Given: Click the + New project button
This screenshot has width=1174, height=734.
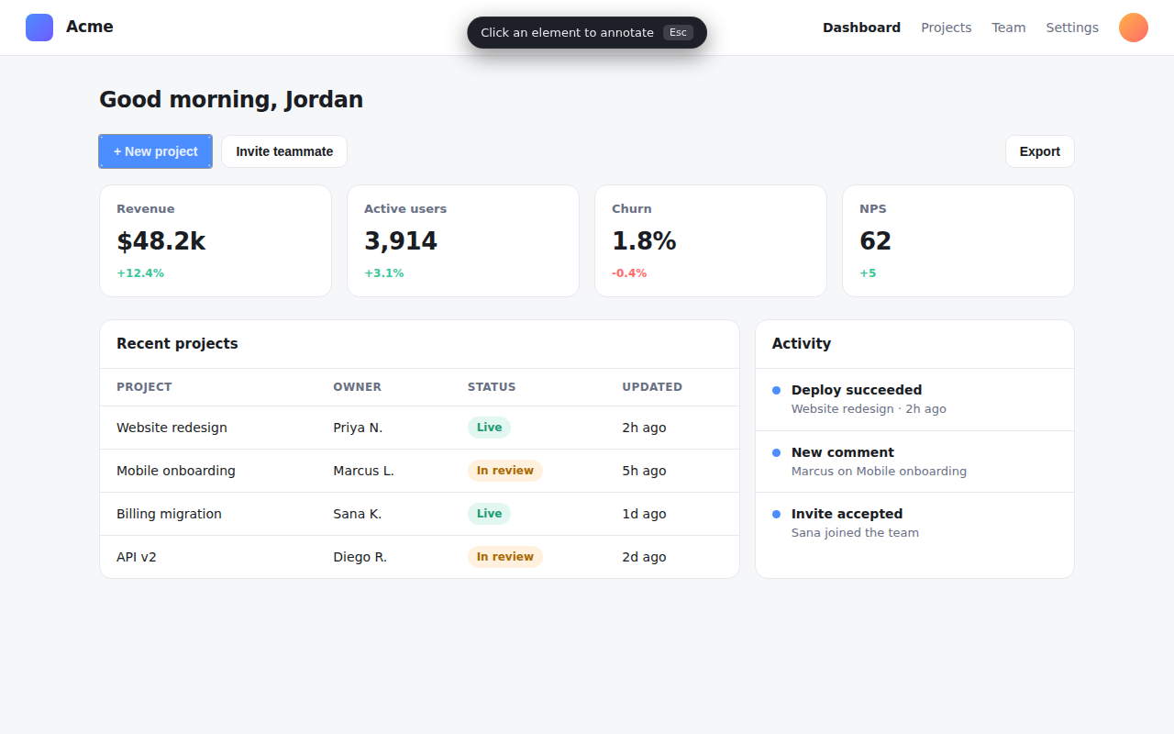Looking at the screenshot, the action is pyautogui.click(x=156, y=151).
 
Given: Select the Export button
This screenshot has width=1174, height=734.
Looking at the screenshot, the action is pyautogui.click(x=1040, y=151).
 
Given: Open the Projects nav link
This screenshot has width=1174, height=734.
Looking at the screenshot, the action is pyautogui.click(x=946, y=28).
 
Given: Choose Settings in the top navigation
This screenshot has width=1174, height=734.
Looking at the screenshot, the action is pyautogui.click(x=1072, y=28).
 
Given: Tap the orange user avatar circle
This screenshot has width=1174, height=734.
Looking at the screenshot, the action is pyautogui.click(x=1134, y=28).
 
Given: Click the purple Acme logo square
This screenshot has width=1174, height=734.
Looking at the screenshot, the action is pyautogui.click(x=39, y=28).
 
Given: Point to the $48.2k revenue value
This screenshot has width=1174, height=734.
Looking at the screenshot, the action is pyautogui.click(x=161, y=241).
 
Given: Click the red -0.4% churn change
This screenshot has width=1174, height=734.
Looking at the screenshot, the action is pyautogui.click(x=629, y=273).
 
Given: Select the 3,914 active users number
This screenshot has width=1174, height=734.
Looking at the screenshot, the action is pyautogui.click(x=401, y=241).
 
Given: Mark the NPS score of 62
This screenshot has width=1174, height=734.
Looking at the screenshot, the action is pyautogui.click(x=875, y=241).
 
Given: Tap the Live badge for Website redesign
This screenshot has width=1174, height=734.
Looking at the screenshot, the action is pyautogui.click(x=489, y=428).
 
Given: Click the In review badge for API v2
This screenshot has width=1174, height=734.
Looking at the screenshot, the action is pyautogui.click(x=504, y=557).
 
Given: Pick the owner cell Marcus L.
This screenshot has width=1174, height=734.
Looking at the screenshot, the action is pyautogui.click(x=363, y=471).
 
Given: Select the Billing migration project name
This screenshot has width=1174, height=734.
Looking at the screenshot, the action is pyautogui.click(x=169, y=514).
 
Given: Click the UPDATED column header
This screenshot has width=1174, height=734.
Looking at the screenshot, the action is pyautogui.click(x=652, y=387).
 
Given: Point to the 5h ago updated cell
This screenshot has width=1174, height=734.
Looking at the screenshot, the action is pyautogui.click(x=644, y=471).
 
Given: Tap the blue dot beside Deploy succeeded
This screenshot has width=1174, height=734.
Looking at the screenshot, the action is pyautogui.click(x=776, y=390).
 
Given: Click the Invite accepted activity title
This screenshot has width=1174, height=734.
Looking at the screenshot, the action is pyautogui.click(x=847, y=514).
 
